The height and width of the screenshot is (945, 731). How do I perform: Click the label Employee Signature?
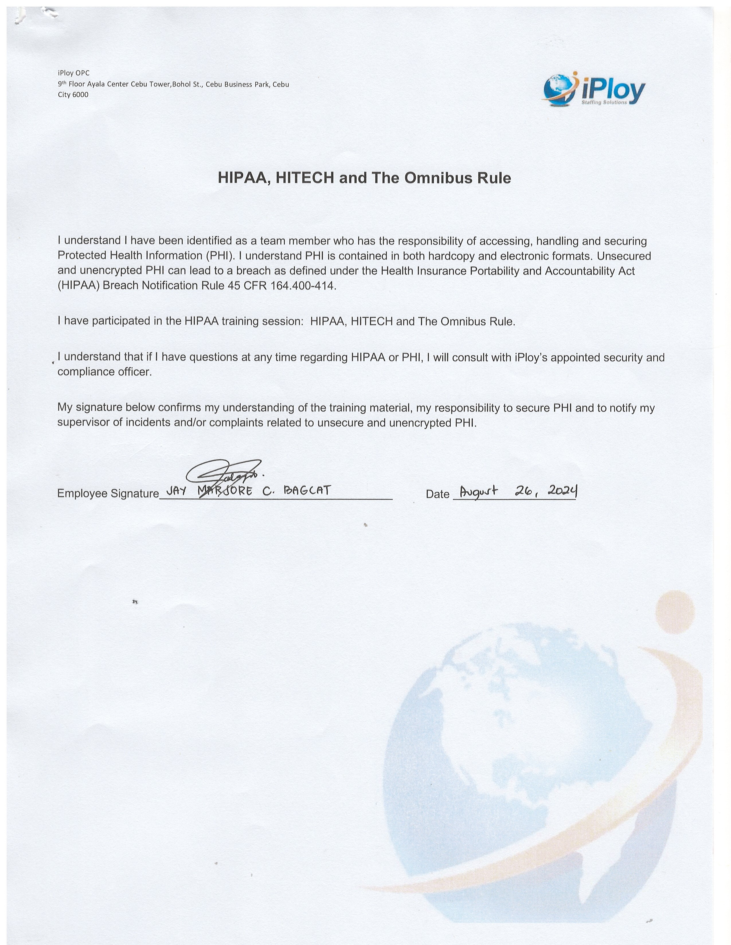click(x=108, y=494)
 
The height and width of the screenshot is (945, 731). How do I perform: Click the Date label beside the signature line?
click(x=437, y=494)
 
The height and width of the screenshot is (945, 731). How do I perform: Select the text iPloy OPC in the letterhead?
click(x=74, y=73)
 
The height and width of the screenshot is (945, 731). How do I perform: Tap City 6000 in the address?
click(x=73, y=95)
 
